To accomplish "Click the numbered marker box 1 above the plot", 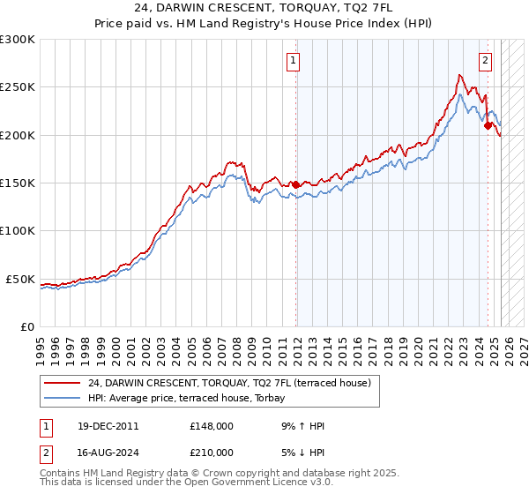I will (292, 61).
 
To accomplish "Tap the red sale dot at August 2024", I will (488, 126).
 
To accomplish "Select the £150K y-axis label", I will (18, 183).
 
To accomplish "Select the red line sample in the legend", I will (63, 383).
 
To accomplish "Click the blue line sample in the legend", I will (63, 399).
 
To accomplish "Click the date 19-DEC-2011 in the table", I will (108, 426).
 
